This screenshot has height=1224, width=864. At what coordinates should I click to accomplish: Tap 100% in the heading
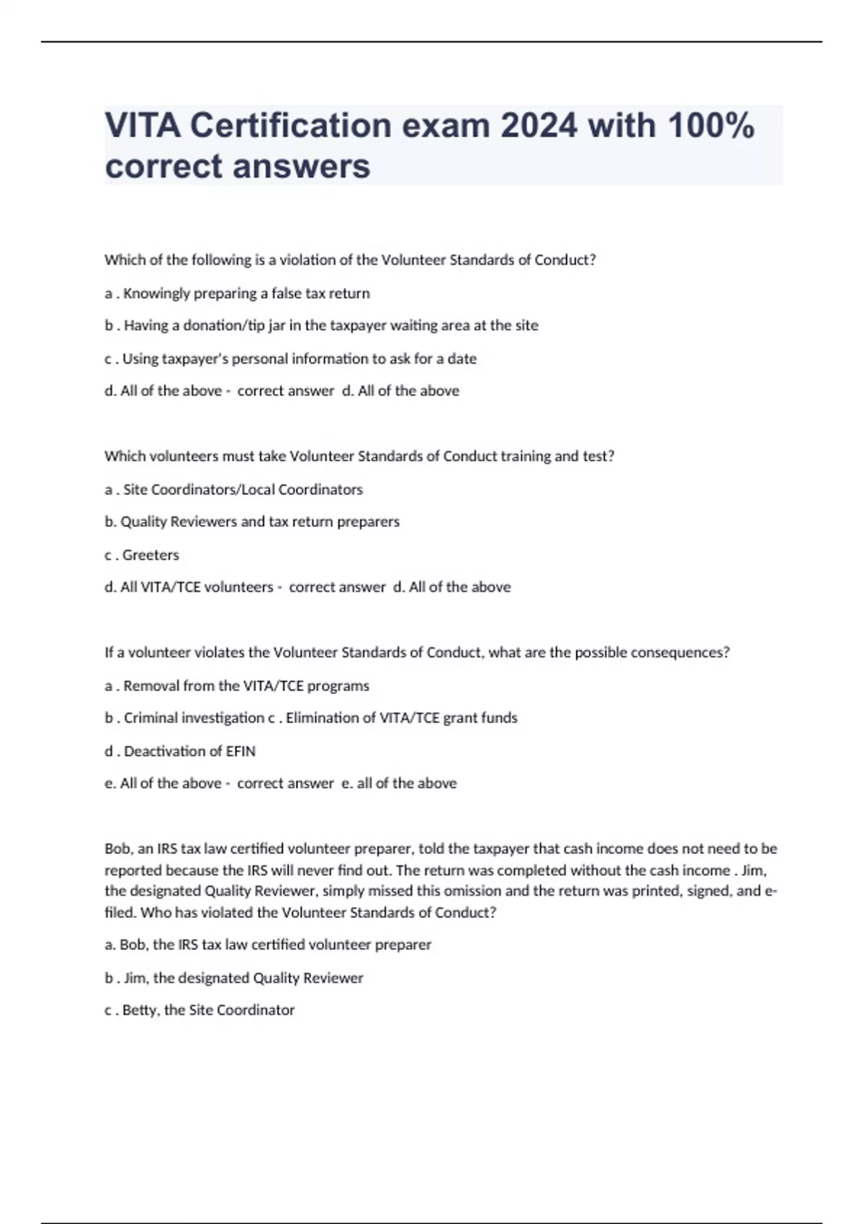tap(711, 126)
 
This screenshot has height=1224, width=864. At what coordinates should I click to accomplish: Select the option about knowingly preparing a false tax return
tap(237, 293)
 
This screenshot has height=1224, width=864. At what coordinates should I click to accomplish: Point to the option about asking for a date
tap(290, 359)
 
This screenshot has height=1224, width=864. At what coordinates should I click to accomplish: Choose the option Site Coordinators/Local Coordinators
tap(233, 490)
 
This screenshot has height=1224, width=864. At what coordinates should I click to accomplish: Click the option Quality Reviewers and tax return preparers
tap(252, 521)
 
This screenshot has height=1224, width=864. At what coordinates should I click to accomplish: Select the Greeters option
tap(142, 555)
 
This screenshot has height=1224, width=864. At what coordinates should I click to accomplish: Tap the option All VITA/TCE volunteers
tap(189, 587)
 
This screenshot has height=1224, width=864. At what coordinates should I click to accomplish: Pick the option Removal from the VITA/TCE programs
tap(237, 685)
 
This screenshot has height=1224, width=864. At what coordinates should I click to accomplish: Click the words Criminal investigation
tap(194, 718)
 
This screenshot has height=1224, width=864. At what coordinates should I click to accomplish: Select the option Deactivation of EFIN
tap(180, 751)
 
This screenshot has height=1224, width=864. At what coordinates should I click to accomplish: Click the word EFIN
tap(240, 751)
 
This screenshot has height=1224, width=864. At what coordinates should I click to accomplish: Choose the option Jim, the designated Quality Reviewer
tap(234, 978)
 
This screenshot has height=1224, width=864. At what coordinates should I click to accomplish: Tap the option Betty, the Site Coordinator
tap(199, 1010)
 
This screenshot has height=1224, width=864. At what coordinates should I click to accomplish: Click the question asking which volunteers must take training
tap(359, 456)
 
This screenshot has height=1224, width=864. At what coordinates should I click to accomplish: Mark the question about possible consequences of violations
tap(417, 652)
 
